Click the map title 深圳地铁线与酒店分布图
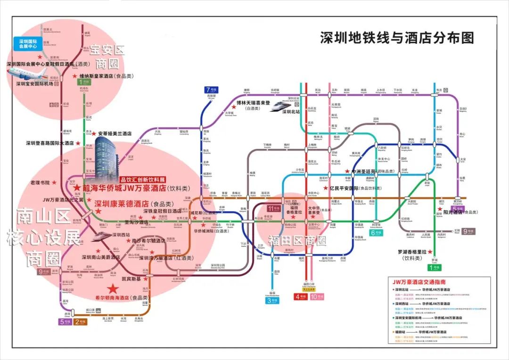(397, 38)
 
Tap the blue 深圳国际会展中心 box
(28, 44)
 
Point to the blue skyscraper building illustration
(107, 158)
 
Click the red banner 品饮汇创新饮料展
(143, 180)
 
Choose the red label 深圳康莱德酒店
(122, 204)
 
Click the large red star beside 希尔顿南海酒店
(113, 288)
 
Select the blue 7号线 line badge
(210, 90)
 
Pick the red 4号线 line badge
(300, 296)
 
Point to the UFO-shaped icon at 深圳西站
(102, 236)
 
